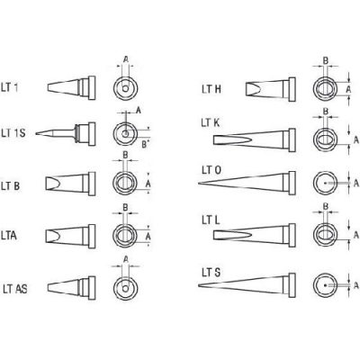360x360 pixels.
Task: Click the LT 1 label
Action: [10, 88]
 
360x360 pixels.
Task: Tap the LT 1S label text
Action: [13, 133]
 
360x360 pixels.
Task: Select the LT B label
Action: [11, 186]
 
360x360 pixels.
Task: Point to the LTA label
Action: [9, 236]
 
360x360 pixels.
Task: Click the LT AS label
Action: [15, 289]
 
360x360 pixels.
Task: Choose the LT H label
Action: [211, 89]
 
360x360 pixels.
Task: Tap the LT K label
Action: [211, 122]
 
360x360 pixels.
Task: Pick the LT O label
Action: [211, 170]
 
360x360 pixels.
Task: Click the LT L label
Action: [211, 220]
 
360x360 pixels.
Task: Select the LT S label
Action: [211, 273]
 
